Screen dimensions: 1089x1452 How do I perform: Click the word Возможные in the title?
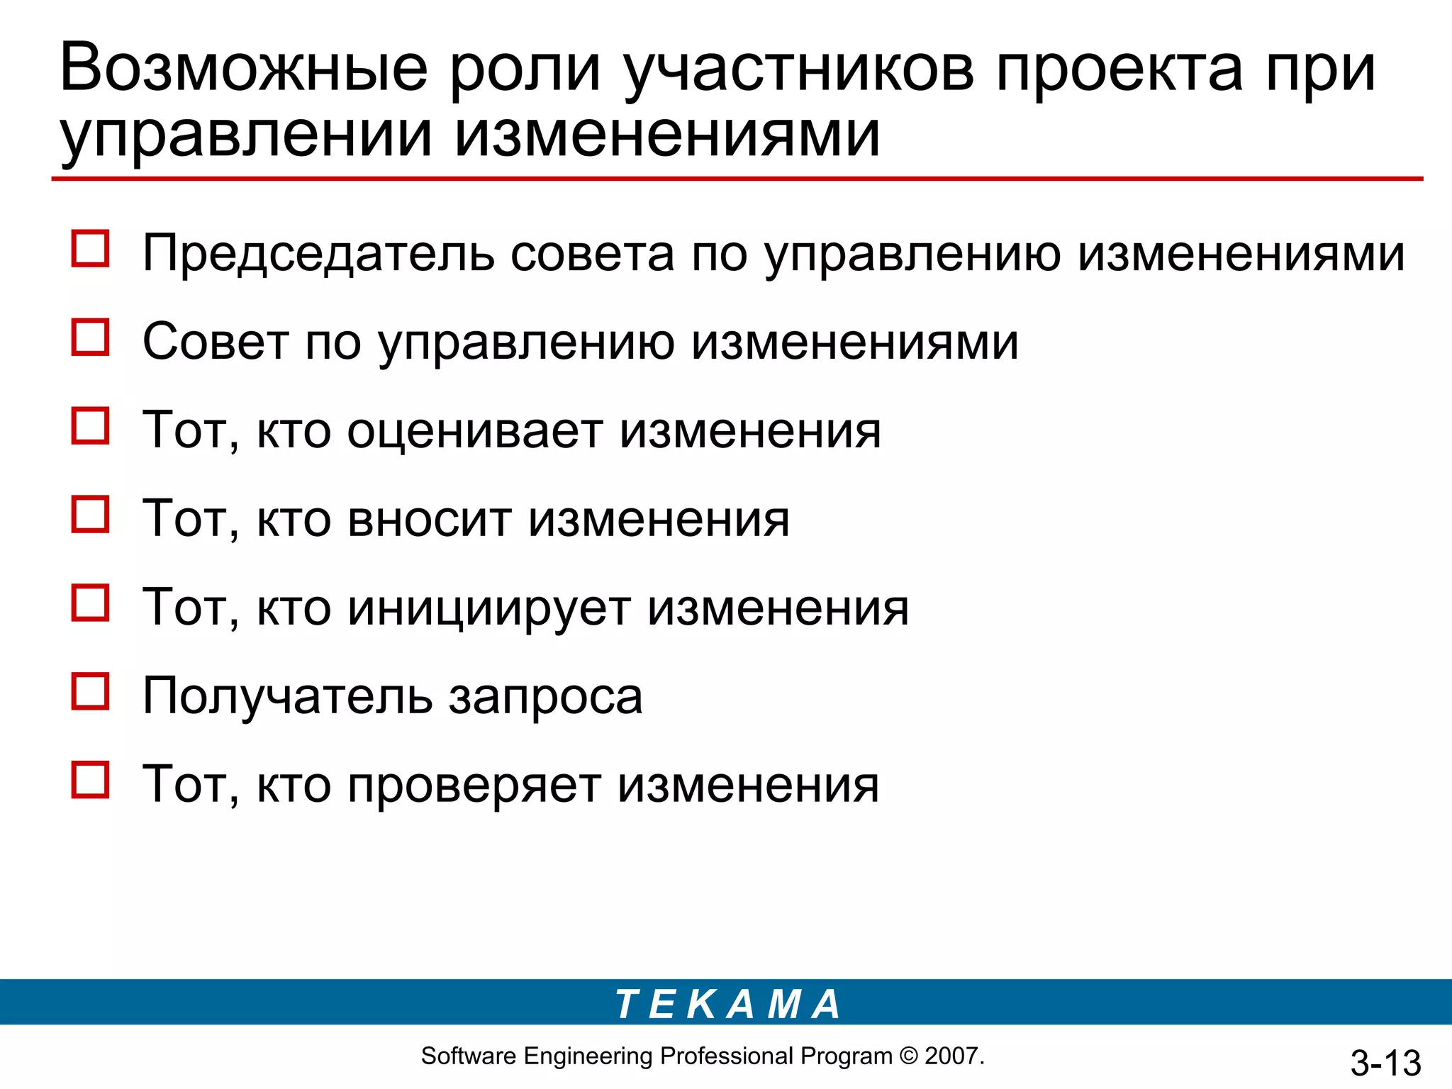click(244, 69)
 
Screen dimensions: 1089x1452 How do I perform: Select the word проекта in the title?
click(1119, 69)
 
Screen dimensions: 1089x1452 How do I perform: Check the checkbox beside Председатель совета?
click(91, 249)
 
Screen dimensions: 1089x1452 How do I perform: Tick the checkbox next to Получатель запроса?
click(91, 691)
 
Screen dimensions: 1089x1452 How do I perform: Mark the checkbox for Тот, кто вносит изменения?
click(91, 514)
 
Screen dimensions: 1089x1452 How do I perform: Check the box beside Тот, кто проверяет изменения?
click(91, 780)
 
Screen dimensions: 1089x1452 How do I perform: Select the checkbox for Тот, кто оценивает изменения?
click(91, 425)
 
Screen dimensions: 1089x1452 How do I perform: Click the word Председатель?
click(318, 254)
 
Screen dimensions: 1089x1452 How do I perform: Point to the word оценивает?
click(475, 431)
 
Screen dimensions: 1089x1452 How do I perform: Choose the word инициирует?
click(488, 608)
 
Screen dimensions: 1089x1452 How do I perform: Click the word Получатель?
click(287, 697)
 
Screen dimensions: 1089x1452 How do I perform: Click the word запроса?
click(546, 697)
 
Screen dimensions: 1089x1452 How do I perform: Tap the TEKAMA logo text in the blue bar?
click(727, 1005)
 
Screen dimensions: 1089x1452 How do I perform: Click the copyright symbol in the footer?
click(908, 1056)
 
